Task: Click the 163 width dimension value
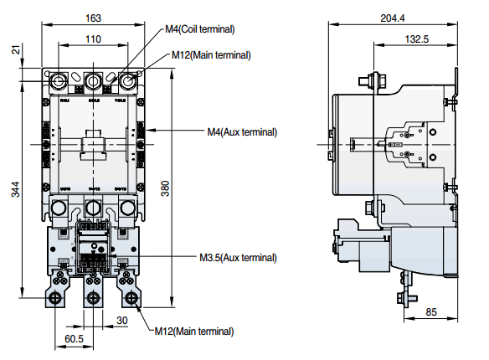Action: pyautogui.click(x=93, y=17)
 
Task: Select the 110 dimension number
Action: pyautogui.click(x=93, y=39)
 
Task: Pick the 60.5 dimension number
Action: pyautogui.click(x=74, y=338)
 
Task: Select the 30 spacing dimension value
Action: pyautogui.click(x=121, y=320)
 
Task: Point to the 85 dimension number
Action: pyautogui.click(x=431, y=312)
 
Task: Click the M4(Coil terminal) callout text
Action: pyautogui.click(x=199, y=29)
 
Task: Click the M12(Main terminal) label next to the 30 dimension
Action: pyautogui.click(x=194, y=332)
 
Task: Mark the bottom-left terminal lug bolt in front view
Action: pyautogui.click(x=57, y=296)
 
